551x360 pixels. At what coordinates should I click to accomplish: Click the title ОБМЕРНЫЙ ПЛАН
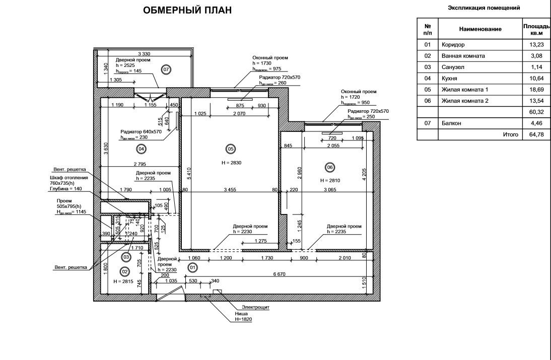pos(188,11)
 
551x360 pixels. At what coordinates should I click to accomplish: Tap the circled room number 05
pos(230,149)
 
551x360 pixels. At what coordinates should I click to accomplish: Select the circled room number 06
pos(330,168)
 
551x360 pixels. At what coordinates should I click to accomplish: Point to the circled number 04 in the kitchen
pos(141,149)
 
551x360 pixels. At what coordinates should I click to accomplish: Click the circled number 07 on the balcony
pos(166,69)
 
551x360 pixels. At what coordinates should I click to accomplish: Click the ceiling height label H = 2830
pos(230,163)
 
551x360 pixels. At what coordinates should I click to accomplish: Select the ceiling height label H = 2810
pos(331,180)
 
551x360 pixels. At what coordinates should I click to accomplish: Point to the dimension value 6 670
pos(280,274)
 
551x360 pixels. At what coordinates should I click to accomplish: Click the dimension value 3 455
pos(230,190)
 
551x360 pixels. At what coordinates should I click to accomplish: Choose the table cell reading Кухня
pos(450,78)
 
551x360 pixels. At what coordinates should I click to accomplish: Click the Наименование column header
pos(479,29)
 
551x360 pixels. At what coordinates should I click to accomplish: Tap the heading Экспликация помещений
pos(484,8)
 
